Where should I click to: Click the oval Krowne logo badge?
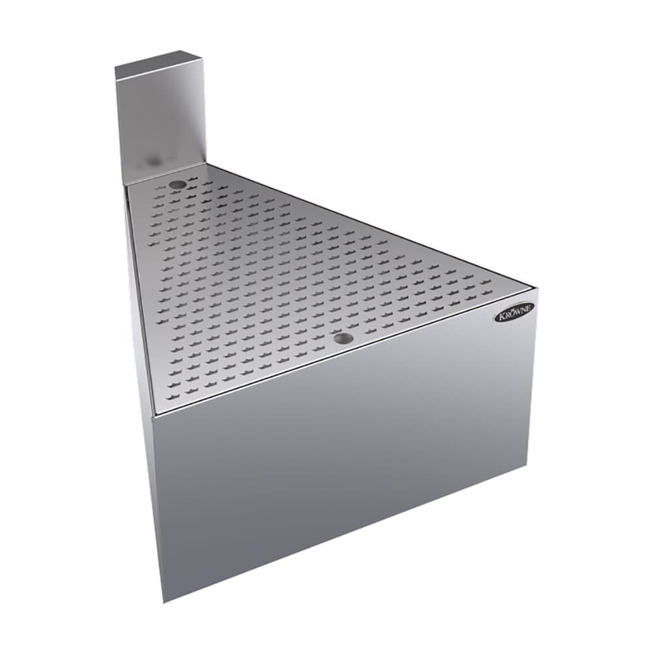pyautogui.click(x=513, y=312)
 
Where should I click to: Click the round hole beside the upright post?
pyautogui.click(x=177, y=184)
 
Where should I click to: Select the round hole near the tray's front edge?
pyautogui.click(x=341, y=338)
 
